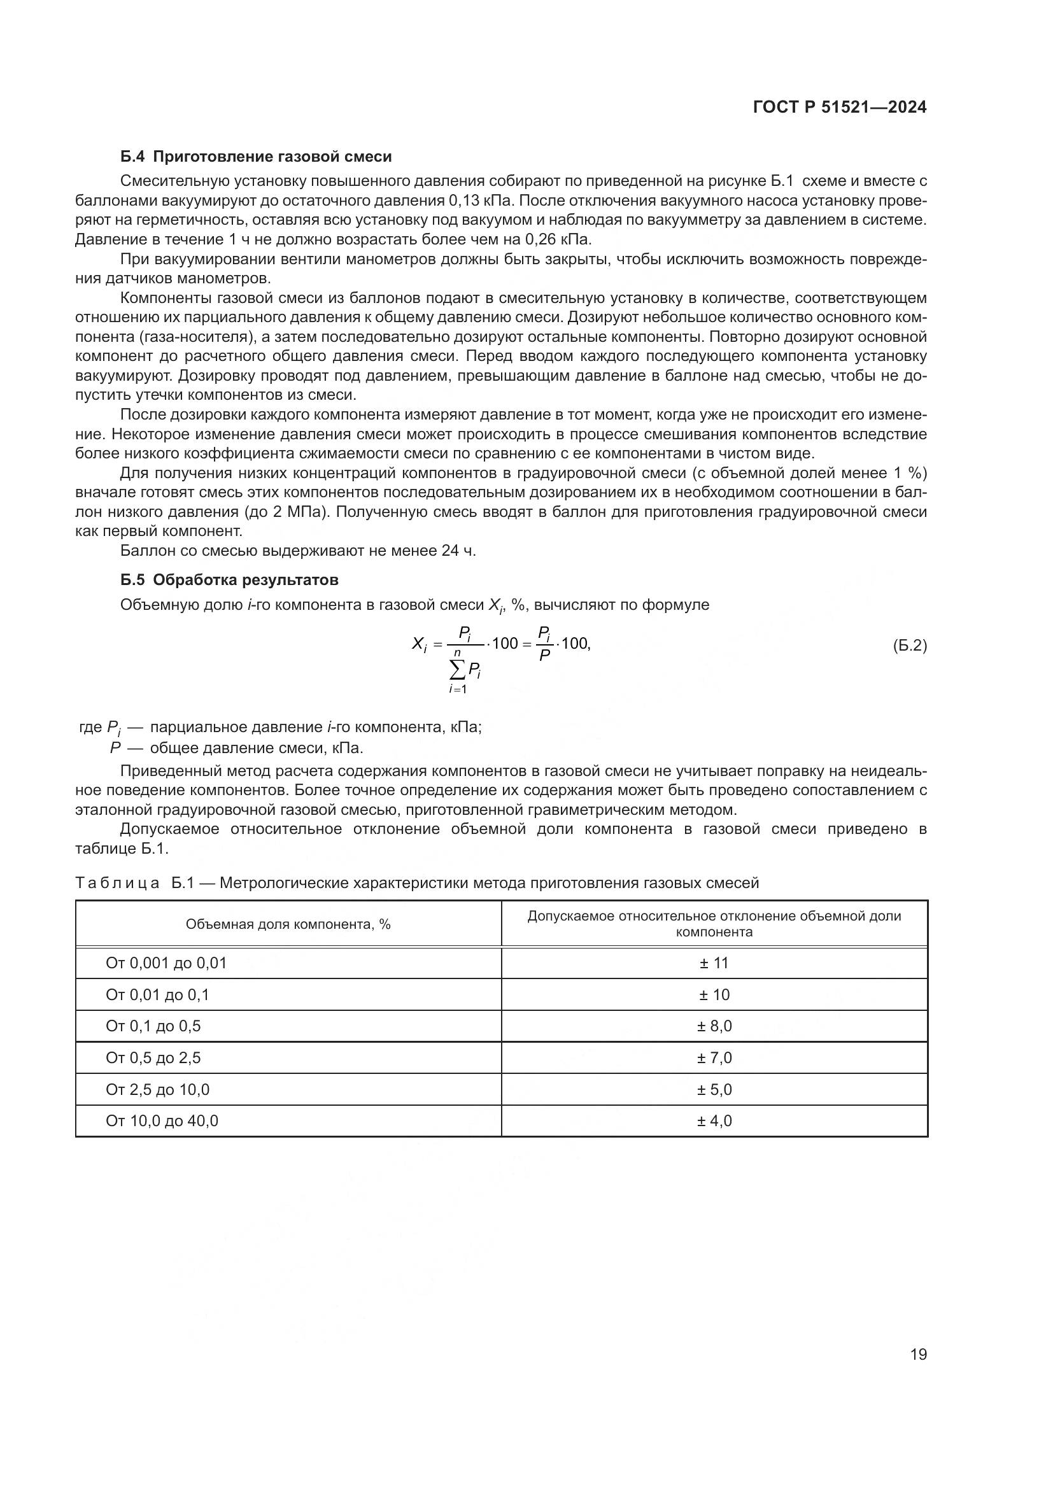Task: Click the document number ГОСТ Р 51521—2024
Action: (840, 108)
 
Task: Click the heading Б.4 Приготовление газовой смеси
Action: (256, 157)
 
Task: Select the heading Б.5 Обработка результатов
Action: (230, 579)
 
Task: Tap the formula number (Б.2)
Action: (909, 646)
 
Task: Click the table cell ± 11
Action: (714, 963)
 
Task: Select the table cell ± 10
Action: (714, 995)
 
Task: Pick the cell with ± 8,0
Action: (714, 1026)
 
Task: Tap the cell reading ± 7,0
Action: (714, 1058)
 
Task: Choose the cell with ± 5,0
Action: (714, 1089)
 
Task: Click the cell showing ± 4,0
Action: (714, 1120)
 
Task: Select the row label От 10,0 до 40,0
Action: (162, 1120)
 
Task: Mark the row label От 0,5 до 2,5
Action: (153, 1058)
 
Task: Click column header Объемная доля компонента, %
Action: (288, 924)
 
